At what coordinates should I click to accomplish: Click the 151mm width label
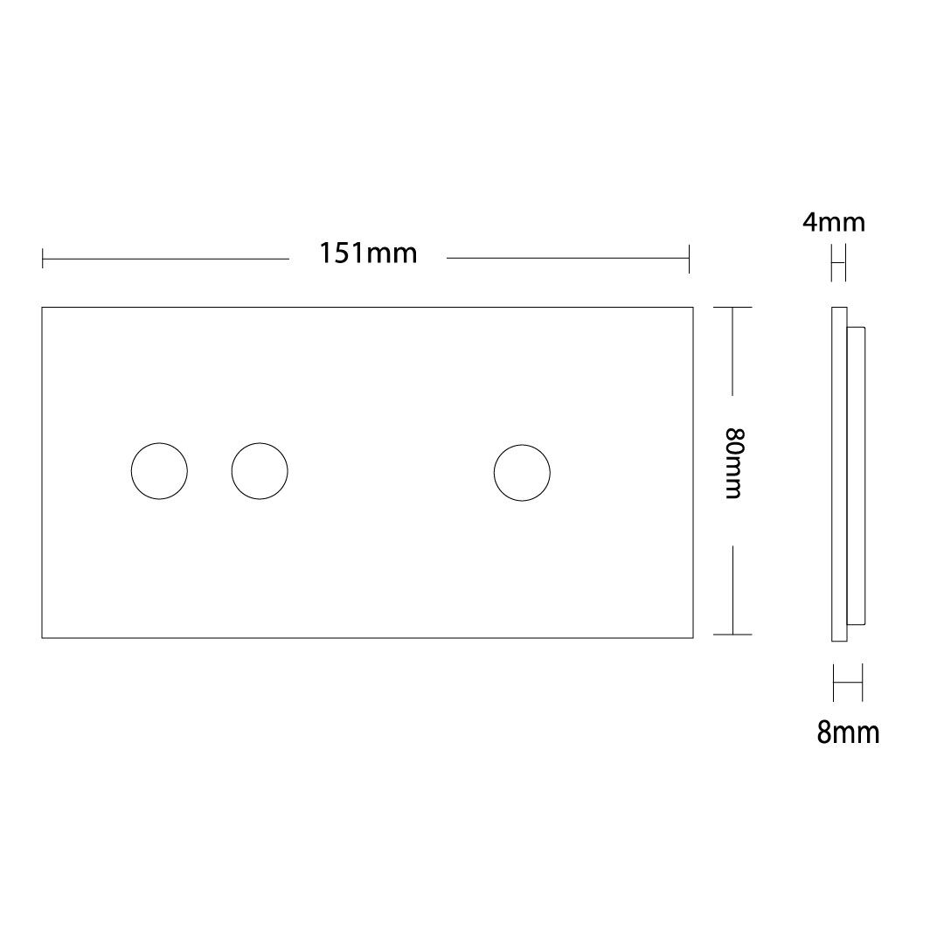coord(368,253)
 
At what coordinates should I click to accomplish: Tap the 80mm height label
coord(735,463)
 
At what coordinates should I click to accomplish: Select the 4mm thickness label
coord(834,223)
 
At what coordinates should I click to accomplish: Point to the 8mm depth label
coord(848,732)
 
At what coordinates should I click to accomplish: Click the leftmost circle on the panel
coord(131,471)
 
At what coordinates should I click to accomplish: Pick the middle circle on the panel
coord(232,471)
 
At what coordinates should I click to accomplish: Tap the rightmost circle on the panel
coord(494,473)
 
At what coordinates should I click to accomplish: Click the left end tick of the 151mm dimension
coord(43,259)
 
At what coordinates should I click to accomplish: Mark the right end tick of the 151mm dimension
coord(689,259)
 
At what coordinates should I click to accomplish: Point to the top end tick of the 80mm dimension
coord(732,308)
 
